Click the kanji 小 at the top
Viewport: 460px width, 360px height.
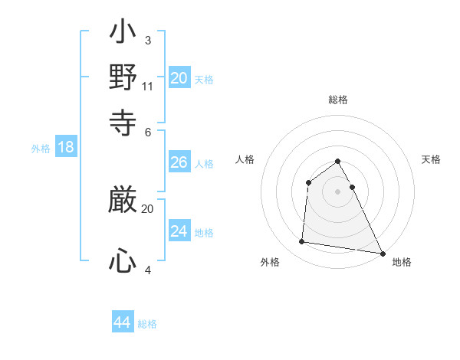pos(123,34)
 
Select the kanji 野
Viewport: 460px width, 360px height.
pos(123,78)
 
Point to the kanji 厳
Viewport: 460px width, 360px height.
pos(123,201)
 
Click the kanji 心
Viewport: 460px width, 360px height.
pos(123,262)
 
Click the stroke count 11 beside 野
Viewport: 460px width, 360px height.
pos(148,87)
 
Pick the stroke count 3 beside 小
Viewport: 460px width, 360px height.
pos(148,40)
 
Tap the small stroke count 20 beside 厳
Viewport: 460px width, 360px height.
pos(148,208)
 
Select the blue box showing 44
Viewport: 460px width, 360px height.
pos(123,322)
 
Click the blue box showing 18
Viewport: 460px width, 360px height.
pos(66,147)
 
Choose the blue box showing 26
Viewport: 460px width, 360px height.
pos(179,162)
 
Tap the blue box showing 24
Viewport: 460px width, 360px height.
pos(179,231)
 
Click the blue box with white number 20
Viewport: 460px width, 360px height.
pos(179,78)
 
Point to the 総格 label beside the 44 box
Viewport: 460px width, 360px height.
pos(147,324)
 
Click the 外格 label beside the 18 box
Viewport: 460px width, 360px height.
pos(41,149)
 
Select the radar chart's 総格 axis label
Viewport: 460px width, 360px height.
pos(337,100)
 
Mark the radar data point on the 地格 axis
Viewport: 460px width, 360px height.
pos(382,254)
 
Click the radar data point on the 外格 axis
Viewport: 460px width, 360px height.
pos(302,242)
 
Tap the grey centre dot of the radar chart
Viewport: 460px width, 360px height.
pos(337,191)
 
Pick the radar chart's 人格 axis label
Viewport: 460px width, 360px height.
pos(245,159)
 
